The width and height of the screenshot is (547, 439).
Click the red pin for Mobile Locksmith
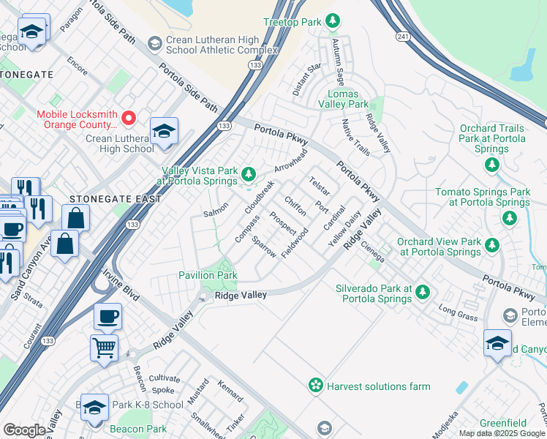pos(129,117)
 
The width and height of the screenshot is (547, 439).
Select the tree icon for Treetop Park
pos(333,20)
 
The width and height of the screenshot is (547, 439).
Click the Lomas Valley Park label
pos(348,100)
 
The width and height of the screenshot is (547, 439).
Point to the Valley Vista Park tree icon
pos(249,174)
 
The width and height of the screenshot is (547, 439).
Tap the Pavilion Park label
pos(208,275)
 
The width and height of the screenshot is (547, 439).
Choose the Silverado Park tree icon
pos(422,293)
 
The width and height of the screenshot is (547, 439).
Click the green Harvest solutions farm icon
pos(315,385)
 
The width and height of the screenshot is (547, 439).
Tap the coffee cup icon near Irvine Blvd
pos(108,316)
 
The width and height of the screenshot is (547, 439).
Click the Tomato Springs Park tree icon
pos(510,217)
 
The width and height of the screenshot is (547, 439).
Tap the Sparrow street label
pos(263,246)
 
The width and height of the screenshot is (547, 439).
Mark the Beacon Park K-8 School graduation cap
pos(94,408)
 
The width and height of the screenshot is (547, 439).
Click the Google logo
pos(25,430)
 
